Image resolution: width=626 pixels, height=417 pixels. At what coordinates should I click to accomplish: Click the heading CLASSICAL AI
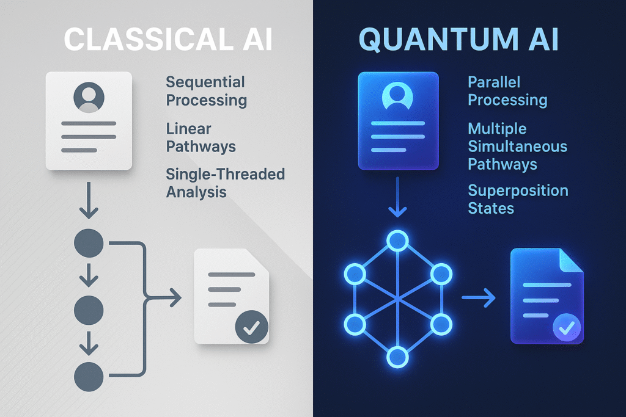pos(168,40)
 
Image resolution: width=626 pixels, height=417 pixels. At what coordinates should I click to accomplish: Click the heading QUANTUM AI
pos(458,40)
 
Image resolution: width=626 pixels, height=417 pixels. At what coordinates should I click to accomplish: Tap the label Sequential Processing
pos(207,91)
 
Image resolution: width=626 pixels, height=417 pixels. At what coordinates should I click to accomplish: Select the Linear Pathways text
pos(201,137)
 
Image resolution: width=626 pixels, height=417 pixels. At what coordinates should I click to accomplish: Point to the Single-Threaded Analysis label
pos(225,183)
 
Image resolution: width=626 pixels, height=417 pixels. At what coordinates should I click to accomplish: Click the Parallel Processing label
pos(507,91)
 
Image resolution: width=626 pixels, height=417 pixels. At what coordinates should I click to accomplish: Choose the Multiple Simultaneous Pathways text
pos(517,147)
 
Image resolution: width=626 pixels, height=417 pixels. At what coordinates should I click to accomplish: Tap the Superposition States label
pos(518,199)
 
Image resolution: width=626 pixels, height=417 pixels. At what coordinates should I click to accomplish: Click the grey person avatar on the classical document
pos(89,97)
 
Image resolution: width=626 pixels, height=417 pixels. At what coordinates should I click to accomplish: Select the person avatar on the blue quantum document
pos(397,96)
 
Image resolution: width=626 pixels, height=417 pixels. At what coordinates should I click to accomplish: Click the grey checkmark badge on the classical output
pos(251,327)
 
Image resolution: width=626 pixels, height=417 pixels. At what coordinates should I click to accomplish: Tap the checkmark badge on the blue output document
pos(567,328)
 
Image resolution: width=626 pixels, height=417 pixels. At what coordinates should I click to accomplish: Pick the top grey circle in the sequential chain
pos(89,243)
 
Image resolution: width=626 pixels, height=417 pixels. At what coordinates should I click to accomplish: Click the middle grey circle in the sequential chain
pos(89,310)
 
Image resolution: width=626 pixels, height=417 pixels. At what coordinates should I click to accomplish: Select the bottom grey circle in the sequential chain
pos(89,377)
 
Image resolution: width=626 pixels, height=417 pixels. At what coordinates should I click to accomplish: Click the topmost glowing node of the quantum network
pos(397,241)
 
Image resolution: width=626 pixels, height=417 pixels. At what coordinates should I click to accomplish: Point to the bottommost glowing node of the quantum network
pos(397,357)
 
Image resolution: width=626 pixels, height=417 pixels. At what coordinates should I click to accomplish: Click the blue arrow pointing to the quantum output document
pos(479,297)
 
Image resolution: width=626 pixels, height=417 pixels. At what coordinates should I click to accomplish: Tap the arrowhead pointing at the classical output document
pos(175,297)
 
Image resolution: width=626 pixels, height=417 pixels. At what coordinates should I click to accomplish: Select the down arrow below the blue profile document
pos(397,197)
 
